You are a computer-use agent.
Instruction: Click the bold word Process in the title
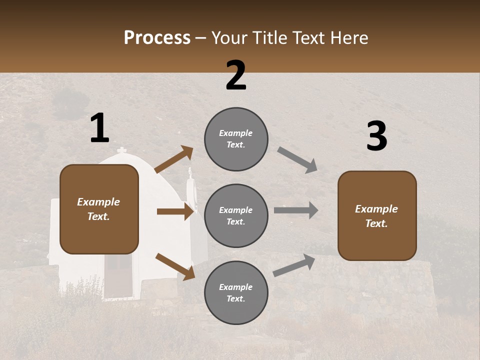pos(157,38)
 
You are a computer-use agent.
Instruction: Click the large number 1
pos(99,128)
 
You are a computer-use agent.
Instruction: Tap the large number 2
pos(236,75)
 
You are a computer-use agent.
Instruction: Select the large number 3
pos(376,136)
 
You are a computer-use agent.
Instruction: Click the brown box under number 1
pos(99,209)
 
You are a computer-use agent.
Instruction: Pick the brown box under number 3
pos(377,215)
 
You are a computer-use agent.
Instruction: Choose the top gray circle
pos(236,139)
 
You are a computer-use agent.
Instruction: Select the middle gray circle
pos(236,215)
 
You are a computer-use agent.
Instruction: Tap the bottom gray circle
pos(236,292)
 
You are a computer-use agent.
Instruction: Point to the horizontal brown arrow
pos(175,211)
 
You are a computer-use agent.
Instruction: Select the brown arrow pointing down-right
pos(175,266)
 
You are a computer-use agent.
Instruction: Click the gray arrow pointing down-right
pos(297,160)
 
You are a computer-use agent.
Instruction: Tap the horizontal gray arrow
pos(296,210)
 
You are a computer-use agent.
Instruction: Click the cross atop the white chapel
pos(121,151)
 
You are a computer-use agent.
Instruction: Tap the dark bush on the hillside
pos(70,103)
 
